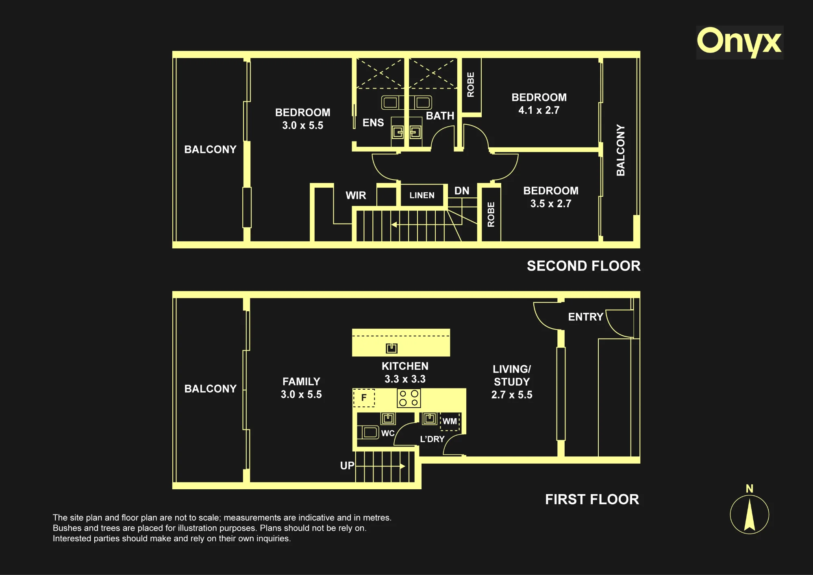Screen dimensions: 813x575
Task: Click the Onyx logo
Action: pos(739,42)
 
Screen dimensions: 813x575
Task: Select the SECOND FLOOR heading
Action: pos(584,266)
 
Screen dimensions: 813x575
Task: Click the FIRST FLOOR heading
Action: pos(592,499)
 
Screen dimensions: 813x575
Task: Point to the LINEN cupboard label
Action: pos(422,195)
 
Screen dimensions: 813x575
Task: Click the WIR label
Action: pos(356,195)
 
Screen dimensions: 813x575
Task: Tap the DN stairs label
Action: pos(462,191)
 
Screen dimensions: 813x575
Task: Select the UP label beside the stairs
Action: pos(347,466)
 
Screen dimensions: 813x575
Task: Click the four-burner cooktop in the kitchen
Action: pos(409,398)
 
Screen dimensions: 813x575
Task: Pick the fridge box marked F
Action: pos(364,398)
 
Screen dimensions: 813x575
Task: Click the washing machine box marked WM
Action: pos(450,421)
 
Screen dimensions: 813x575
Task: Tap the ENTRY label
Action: pos(585,317)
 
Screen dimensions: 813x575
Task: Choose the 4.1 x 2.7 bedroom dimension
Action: pos(539,110)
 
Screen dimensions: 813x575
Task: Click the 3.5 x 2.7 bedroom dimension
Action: pos(551,204)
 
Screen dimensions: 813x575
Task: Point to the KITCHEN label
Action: pos(405,366)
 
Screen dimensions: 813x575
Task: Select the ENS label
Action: pos(373,123)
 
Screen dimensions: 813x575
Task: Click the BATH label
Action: pos(440,116)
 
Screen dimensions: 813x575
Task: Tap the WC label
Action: pos(388,433)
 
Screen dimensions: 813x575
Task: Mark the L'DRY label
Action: pos(432,439)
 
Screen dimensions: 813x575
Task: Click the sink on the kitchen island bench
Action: pos(391,348)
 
